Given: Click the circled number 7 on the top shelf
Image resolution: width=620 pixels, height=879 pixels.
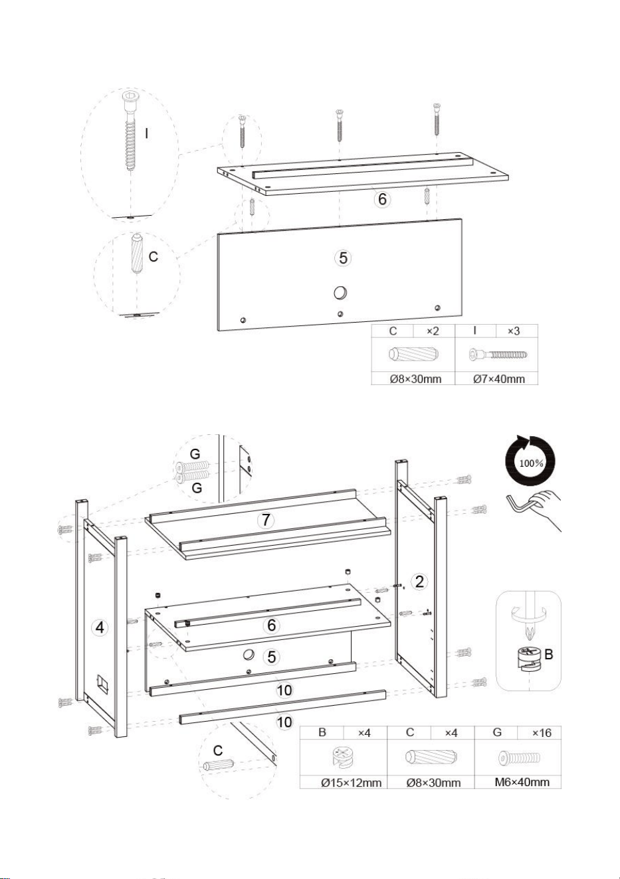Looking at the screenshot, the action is (266, 520).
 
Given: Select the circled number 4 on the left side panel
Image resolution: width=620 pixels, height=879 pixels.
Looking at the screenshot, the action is (100, 628).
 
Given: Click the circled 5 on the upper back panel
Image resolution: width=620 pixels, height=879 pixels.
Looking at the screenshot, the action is (343, 258).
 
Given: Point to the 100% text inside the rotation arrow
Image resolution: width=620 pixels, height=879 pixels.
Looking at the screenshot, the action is (531, 463).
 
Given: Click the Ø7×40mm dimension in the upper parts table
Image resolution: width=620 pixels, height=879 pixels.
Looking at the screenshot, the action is (499, 378).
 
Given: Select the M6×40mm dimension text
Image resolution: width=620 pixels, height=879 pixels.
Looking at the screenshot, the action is (522, 781).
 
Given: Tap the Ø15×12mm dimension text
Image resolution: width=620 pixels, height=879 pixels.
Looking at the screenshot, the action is (352, 783).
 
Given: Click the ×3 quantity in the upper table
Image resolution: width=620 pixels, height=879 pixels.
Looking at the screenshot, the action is (513, 331).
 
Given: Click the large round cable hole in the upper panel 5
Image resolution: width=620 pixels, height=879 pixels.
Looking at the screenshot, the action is (340, 292).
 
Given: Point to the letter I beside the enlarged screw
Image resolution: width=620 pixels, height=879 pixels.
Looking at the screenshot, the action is (146, 133).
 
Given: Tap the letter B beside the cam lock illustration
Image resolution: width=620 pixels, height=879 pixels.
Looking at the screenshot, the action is (549, 654).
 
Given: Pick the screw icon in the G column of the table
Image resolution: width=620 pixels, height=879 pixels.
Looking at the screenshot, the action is (520, 758).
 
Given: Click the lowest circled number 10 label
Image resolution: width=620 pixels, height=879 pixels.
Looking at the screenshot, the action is (285, 721).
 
